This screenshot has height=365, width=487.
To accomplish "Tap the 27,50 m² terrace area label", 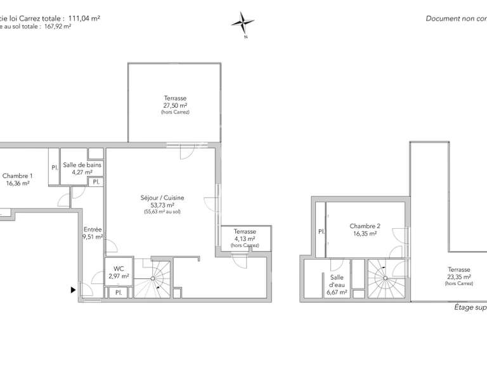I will point(175,105).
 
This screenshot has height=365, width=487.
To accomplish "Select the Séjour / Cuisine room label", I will point(162,198).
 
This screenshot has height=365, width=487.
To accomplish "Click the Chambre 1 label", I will point(18,176).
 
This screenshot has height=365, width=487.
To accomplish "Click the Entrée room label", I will point(93,230).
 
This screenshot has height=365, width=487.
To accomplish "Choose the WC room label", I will point(119,268).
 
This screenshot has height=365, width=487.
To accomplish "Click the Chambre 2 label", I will point(365,226).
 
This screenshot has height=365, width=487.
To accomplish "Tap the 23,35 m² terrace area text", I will point(458,277).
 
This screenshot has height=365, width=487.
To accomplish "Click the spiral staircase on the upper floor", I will point(385,276).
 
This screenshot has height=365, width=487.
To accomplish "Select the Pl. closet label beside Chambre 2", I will point(321,232).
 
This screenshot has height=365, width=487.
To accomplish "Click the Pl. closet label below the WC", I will point(119,292).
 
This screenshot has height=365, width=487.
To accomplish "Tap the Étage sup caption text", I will point(470,308).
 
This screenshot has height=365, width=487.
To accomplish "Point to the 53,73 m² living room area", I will point(162,205).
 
